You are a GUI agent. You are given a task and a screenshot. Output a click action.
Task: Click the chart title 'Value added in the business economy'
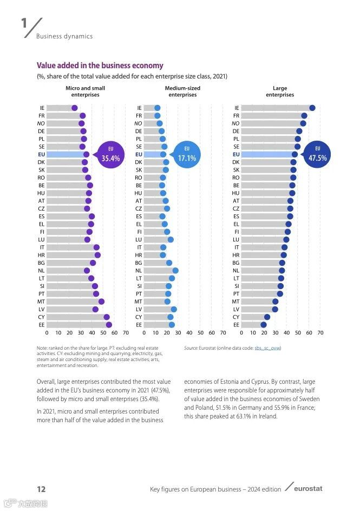100,65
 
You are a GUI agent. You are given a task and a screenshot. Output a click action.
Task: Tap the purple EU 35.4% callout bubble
110,154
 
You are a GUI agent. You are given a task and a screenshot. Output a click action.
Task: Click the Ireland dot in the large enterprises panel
312,108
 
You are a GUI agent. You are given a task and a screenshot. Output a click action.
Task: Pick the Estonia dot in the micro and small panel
109,325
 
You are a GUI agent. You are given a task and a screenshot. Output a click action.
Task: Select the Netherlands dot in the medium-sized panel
175,271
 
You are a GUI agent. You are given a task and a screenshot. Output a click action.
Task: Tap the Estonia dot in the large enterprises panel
264,325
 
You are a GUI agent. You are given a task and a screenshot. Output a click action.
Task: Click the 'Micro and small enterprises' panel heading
85,91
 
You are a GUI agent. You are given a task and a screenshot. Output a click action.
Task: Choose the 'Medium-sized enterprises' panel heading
182,91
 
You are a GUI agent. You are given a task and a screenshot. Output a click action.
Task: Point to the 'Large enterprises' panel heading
280,91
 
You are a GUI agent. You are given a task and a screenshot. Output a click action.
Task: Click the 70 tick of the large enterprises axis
320,332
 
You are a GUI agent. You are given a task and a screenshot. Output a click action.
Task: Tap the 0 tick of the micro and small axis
47,332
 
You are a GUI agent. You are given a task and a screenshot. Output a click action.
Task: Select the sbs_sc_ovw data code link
267,348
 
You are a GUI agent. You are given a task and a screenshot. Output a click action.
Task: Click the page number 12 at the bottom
41,489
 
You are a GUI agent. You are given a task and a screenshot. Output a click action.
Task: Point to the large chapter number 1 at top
24,24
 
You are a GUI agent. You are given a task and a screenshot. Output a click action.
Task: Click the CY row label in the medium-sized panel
139,317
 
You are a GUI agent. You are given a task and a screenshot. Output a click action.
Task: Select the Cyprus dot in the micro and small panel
107,317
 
